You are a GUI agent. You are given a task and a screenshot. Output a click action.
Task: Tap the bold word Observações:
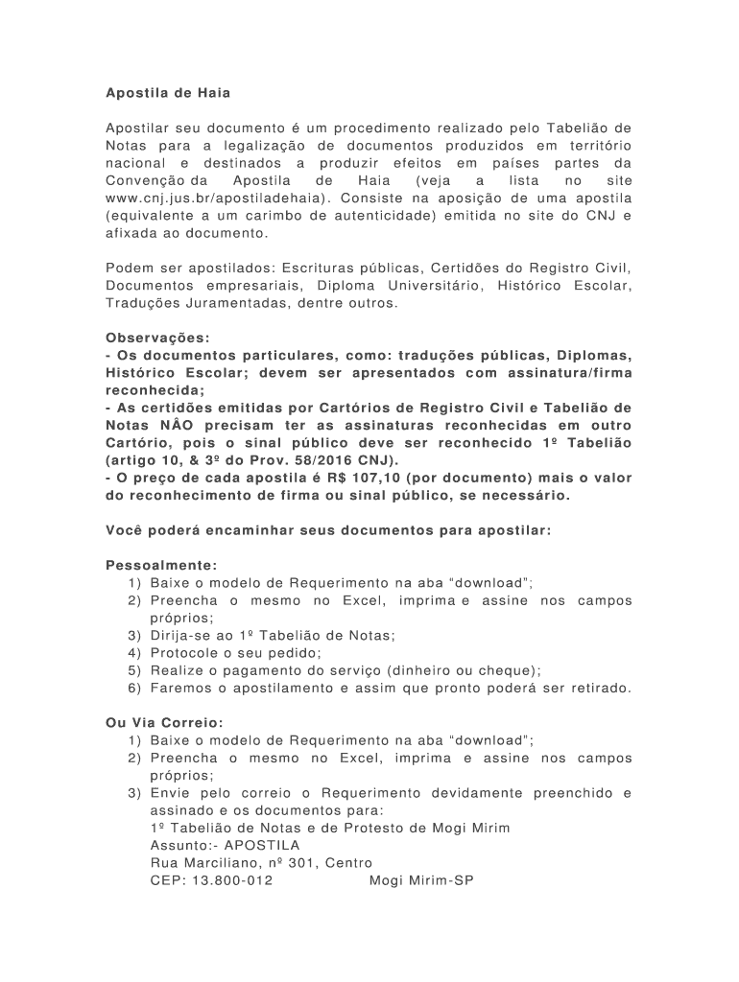pyautogui.click(x=156, y=338)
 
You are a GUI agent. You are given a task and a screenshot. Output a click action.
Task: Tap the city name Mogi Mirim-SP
pyautogui.click(x=422, y=880)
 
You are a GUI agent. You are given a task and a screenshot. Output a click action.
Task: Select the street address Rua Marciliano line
pyautogui.click(x=261, y=863)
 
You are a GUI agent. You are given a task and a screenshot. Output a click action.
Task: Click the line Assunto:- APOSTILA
pyautogui.click(x=225, y=846)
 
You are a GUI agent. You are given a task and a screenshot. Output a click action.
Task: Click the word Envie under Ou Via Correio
pyautogui.click(x=170, y=793)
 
